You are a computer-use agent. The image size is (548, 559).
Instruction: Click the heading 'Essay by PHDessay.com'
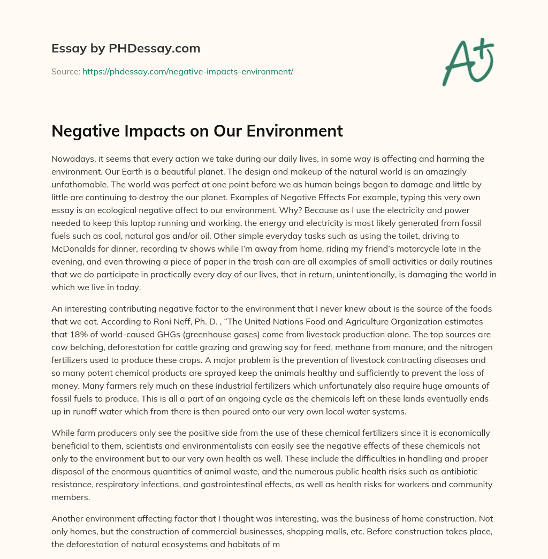(126, 49)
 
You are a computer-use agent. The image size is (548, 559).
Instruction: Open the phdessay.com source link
(187, 71)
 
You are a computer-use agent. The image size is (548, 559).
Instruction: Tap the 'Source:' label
(66, 71)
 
